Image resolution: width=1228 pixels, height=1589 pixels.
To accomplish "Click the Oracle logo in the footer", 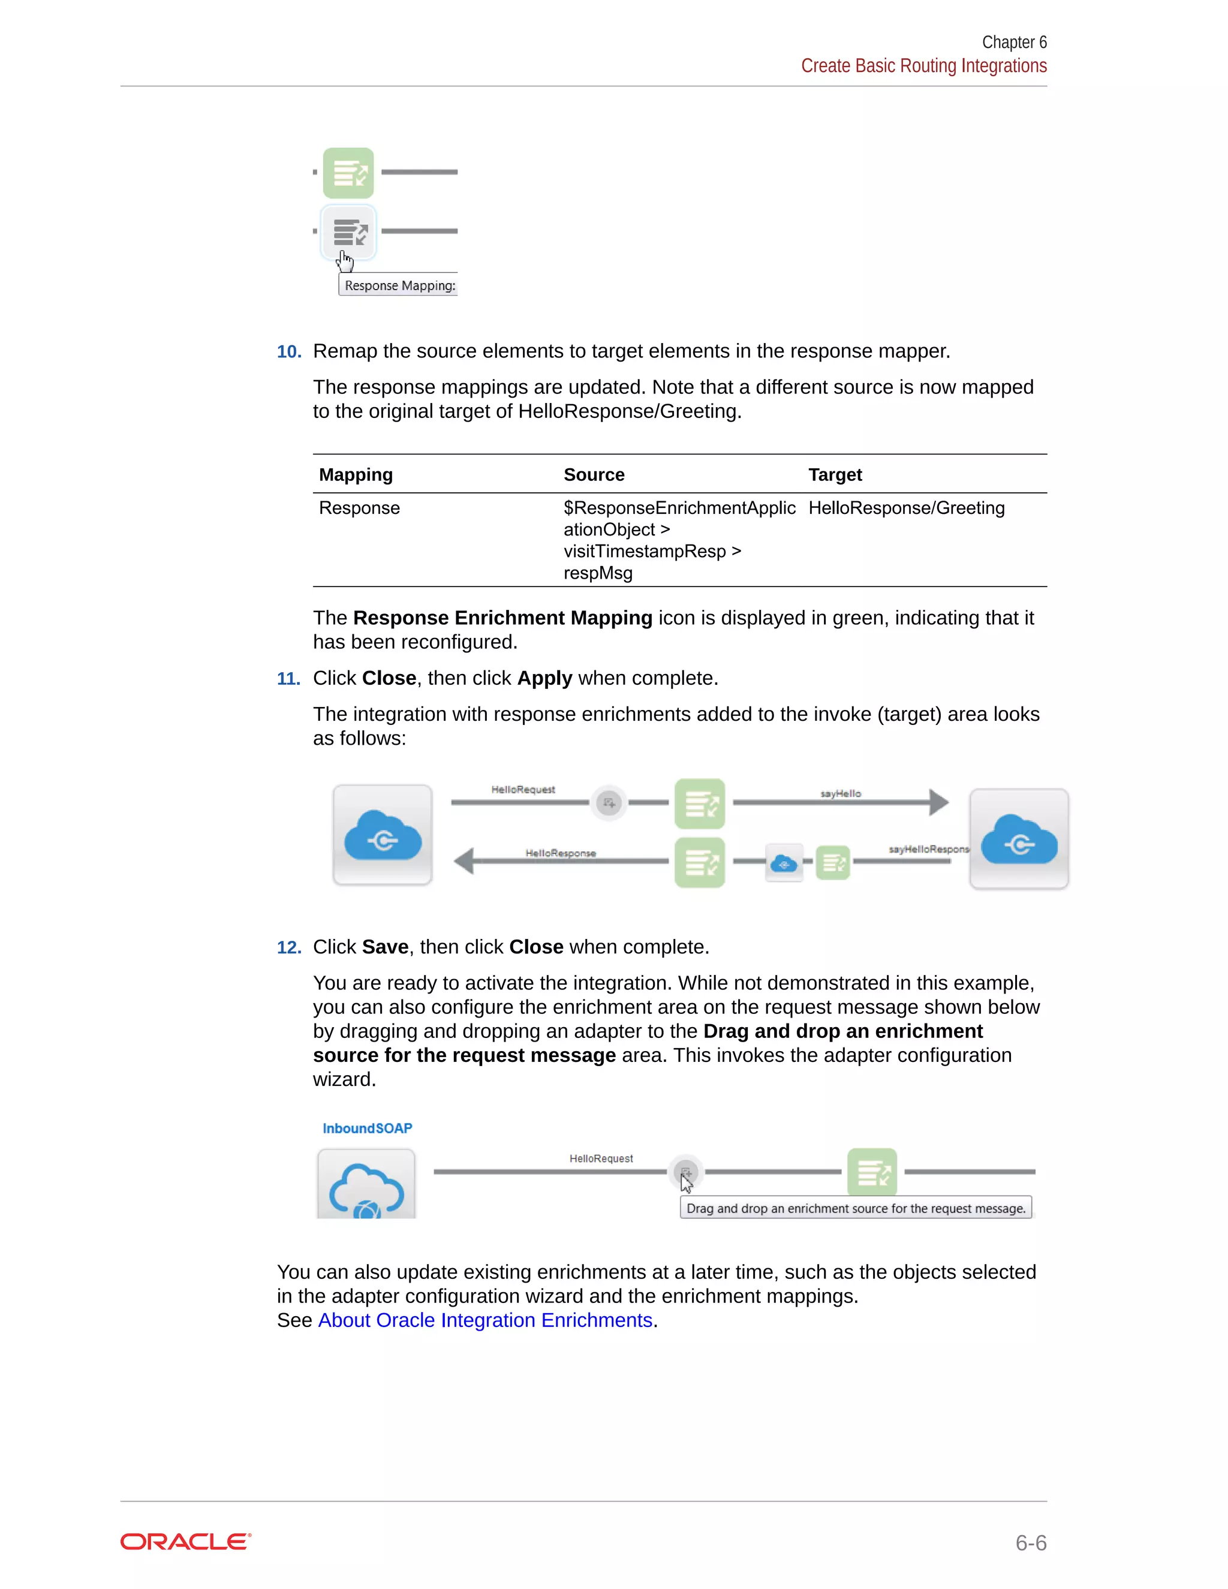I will click(x=185, y=1542).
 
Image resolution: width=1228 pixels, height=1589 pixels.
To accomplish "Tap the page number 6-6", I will click(x=1030, y=1542).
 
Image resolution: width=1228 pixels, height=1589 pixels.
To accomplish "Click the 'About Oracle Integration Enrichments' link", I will click(x=485, y=1320).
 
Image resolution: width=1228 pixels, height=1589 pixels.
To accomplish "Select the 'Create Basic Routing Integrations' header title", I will click(x=923, y=66).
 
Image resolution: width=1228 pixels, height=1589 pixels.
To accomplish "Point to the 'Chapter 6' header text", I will click(x=1013, y=42).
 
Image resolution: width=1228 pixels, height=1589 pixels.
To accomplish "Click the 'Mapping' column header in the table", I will click(x=356, y=474).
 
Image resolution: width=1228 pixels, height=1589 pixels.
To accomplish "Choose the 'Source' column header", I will click(x=594, y=474).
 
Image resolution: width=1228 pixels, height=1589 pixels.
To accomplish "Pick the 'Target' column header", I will click(x=835, y=474).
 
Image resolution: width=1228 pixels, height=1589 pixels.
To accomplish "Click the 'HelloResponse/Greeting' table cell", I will click(x=906, y=508).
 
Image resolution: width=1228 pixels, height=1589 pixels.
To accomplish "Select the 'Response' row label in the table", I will click(x=359, y=508).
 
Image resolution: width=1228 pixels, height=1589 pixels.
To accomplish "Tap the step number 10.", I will click(x=289, y=351).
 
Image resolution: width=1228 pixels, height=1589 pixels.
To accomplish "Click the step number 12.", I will click(x=289, y=947).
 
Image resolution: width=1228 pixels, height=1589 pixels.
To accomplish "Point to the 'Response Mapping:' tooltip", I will click(x=399, y=285).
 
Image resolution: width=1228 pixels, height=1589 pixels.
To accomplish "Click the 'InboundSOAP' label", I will click(x=368, y=1128).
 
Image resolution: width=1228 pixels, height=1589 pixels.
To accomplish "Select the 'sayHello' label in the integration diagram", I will click(x=840, y=793).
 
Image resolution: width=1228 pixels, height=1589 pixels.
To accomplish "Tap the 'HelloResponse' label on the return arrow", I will click(x=560, y=853).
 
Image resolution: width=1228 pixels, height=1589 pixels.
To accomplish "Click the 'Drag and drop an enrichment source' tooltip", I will click(x=856, y=1208).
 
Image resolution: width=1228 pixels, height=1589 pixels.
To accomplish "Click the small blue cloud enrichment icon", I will click(x=784, y=863).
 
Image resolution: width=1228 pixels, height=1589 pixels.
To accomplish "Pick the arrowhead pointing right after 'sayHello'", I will click(x=938, y=802).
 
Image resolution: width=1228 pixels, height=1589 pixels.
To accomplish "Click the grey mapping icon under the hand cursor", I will click(x=349, y=233).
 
